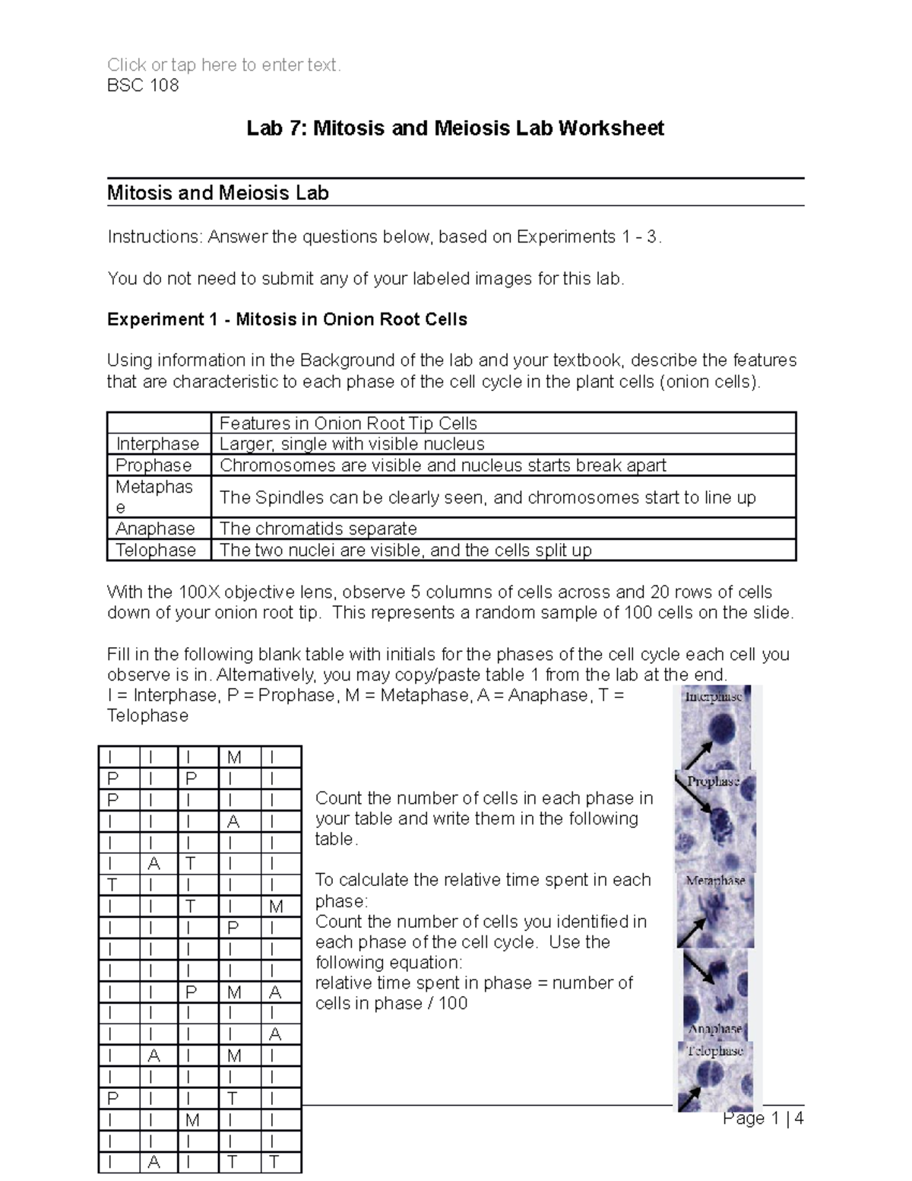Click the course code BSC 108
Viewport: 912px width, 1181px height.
pos(143,85)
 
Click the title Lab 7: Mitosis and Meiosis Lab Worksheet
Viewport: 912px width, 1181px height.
pos(455,128)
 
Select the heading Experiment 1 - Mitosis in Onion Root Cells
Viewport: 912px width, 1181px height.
pos(287,319)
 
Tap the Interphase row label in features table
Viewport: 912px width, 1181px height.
pos(157,444)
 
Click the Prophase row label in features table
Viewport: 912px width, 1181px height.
pos(154,465)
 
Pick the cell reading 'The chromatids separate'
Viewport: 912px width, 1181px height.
pos(318,529)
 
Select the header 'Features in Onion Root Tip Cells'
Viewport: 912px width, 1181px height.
pos(348,424)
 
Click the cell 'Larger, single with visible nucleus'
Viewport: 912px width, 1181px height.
pos(352,444)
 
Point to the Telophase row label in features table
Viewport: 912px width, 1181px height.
pos(156,550)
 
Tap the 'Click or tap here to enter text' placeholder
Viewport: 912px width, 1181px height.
pos(224,65)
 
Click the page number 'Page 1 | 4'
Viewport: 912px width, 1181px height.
pos(763,1119)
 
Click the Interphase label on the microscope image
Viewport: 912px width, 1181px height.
pos(713,697)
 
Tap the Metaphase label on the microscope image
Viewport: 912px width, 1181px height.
pos(715,881)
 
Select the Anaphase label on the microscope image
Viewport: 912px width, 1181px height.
pos(714,1028)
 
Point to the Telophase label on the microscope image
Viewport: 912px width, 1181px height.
pos(714,1051)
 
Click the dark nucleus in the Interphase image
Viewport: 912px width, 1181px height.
pos(718,731)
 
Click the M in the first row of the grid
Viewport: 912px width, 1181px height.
pos(234,757)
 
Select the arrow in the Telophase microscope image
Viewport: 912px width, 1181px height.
pos(691,1097)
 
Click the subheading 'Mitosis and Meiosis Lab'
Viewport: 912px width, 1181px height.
pos(217,193)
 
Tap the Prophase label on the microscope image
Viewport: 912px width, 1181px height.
pos(713,781)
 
